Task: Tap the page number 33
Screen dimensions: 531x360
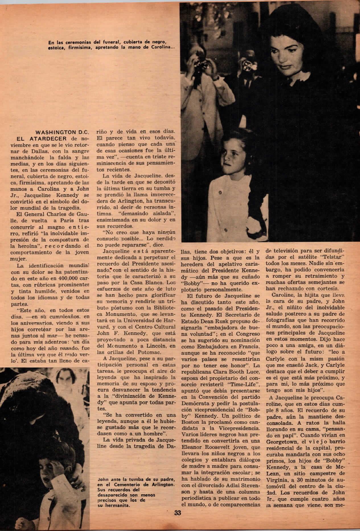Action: coord(178,521)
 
